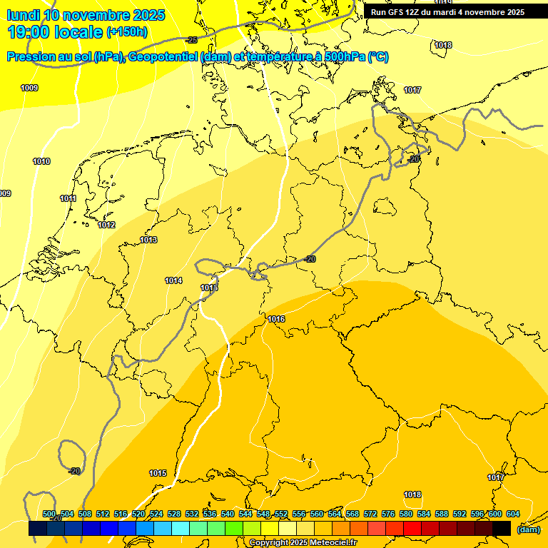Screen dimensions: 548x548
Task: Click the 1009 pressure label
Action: (x=29, y=88)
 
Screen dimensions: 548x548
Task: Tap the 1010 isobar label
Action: (x=41, y=162)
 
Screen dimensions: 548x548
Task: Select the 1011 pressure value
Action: (x=68, y=199)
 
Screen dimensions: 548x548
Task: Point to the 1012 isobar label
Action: (x=106, y=225)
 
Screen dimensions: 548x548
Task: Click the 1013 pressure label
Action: (x=148, y=240)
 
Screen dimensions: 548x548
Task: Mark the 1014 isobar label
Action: (x=173, y=280)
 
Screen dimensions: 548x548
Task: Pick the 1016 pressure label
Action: (x=277, y=319)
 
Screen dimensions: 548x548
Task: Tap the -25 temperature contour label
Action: (x=191, y=40)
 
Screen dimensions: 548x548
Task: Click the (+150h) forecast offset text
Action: (x=127, y=32)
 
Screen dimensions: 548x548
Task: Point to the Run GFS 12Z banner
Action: (x=447, y=12)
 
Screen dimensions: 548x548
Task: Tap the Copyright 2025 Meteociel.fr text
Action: (x=303, y=543)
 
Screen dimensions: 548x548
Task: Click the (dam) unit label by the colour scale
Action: (x=528, y=529)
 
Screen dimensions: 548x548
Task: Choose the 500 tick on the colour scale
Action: (x=49, y=514)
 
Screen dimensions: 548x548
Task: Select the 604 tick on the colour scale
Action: (x=513, y=514)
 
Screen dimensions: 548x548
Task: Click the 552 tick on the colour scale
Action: (x=281, y=514)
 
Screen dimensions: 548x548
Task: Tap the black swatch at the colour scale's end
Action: (x=502, y=529)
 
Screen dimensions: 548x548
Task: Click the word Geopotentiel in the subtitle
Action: (x=161, y=57)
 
